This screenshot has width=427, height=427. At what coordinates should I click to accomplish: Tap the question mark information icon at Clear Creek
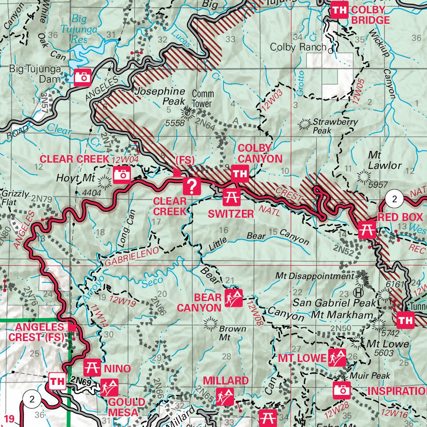tap(192, 186)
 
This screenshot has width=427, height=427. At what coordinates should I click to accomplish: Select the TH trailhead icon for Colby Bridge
tap(339, 10)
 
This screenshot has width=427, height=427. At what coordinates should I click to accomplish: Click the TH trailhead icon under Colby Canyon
tap(239, 174)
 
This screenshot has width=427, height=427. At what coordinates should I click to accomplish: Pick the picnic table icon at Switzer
tap(231, 197)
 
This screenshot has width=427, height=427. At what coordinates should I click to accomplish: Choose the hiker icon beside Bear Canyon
tap(234, 298)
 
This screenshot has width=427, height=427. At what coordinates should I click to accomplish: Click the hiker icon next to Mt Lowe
tap(337, 358)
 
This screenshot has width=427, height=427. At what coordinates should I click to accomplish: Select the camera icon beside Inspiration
tap(342, 390)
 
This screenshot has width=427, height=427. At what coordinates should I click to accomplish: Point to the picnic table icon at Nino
tap(93, 367)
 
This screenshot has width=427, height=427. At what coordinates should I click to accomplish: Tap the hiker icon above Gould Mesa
tap(109, 388)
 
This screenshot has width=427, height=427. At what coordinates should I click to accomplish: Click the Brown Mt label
tap(232, 333)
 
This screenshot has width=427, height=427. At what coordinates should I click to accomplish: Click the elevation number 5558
tap(174, 123)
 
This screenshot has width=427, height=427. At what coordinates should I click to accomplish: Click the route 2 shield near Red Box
tap(394, 199)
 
